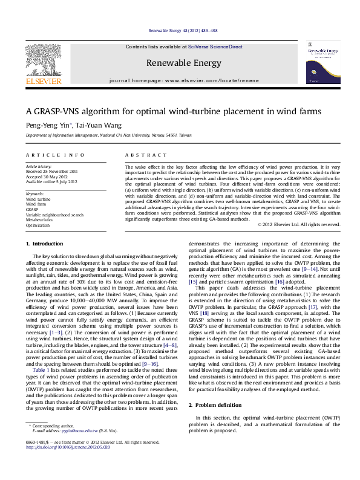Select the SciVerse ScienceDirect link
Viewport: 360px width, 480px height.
(x=215, y=47)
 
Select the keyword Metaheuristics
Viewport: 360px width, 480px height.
(x=39, y=220)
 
